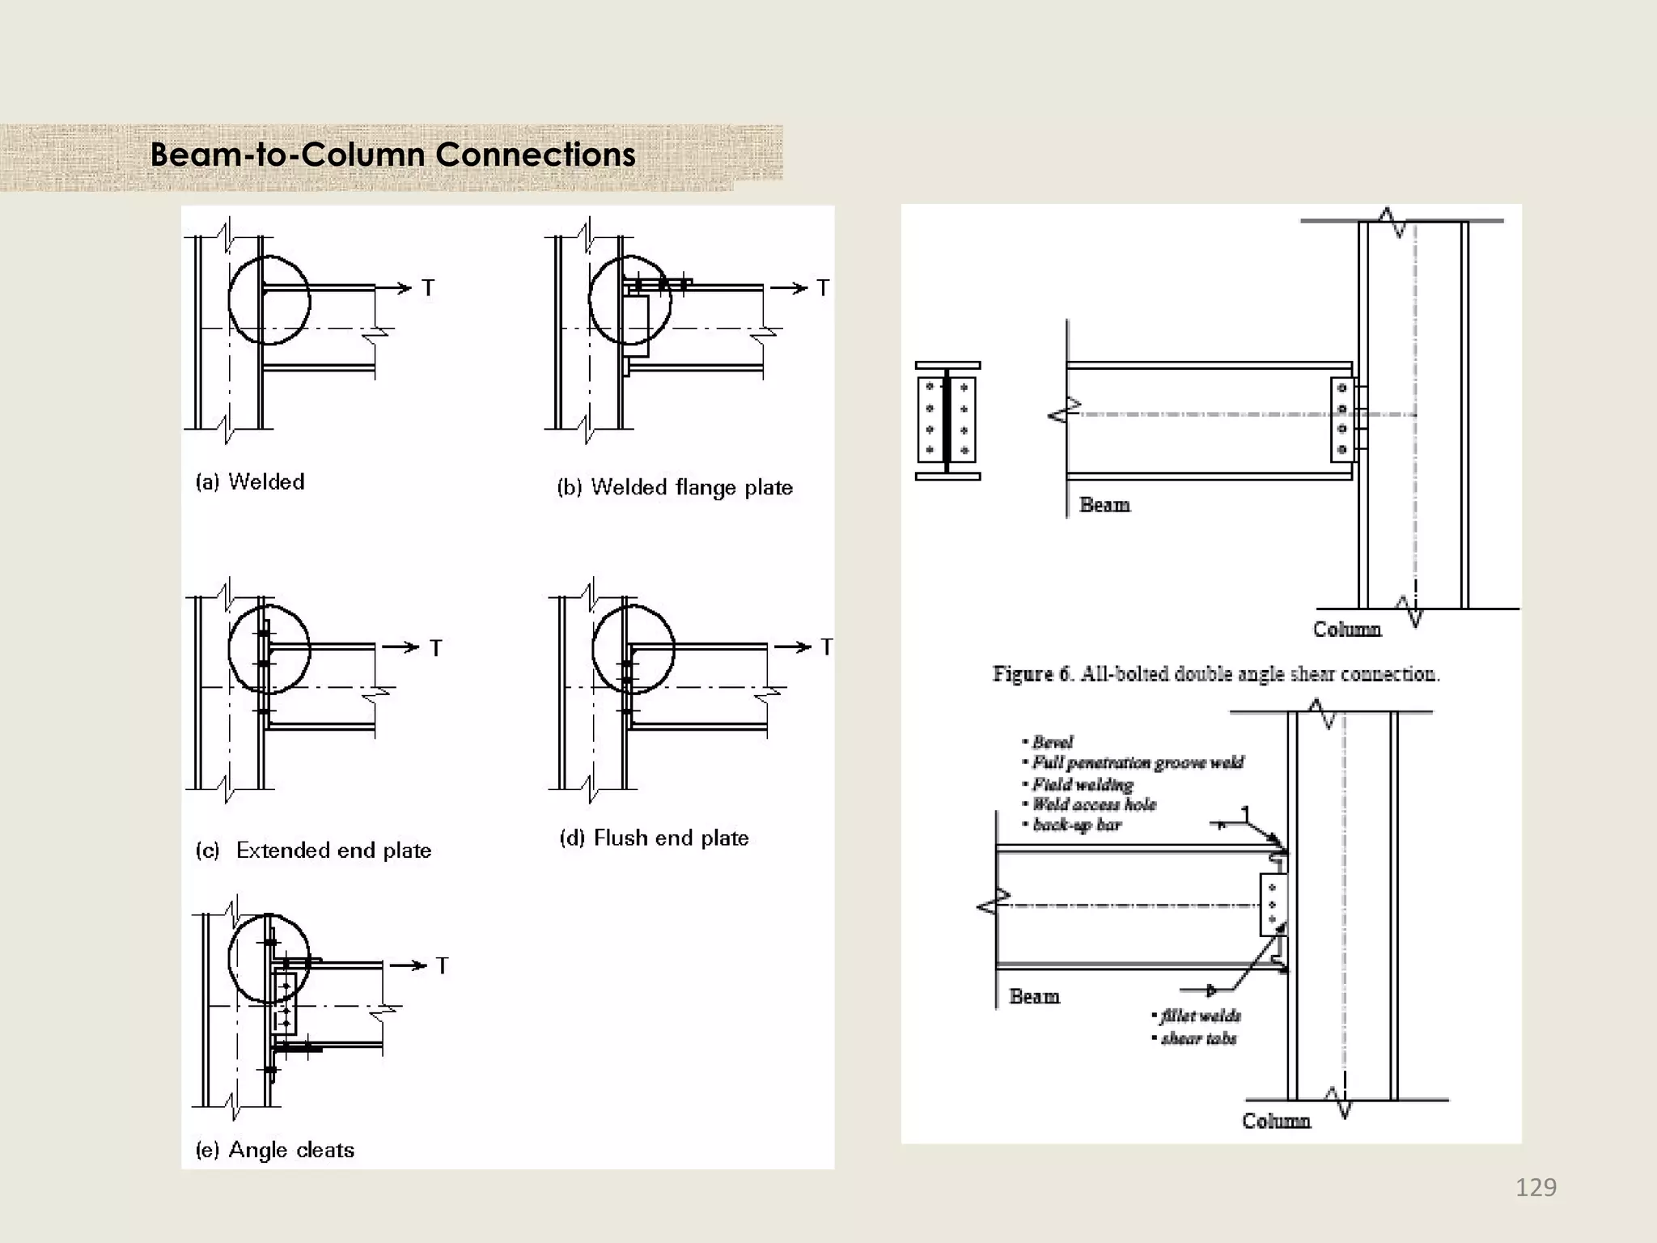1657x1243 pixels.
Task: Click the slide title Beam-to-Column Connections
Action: pos(392,155)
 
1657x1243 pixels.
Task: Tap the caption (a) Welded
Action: pos(250,482)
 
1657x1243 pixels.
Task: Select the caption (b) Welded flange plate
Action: pos(675,487)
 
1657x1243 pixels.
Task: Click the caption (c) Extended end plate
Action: pos(314,850)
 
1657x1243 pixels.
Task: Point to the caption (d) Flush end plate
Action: pos(654,838)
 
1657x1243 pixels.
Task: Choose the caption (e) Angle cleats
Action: pos(275,1149)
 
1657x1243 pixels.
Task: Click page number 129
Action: pos(1535,1187)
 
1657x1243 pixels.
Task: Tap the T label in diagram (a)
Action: pos(428,288)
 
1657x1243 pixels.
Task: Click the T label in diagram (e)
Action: pos(442,965)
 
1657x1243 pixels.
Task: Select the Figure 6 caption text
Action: pos(1216,673)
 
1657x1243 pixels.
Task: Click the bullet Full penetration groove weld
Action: pos(1137,762)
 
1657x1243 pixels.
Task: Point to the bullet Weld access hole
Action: pos(1093,804)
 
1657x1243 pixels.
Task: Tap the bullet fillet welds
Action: pos(1199,1016)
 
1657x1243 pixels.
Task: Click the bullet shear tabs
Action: pos(1197,1038)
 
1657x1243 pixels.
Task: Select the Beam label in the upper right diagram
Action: pos(1104,505)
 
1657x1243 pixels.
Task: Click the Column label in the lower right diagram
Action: pos(1276,1121)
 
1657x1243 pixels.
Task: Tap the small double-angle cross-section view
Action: pos(947,421)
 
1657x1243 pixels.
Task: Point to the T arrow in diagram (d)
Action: pos(793,647)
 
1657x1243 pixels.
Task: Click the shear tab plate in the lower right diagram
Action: pos(1272,905)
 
